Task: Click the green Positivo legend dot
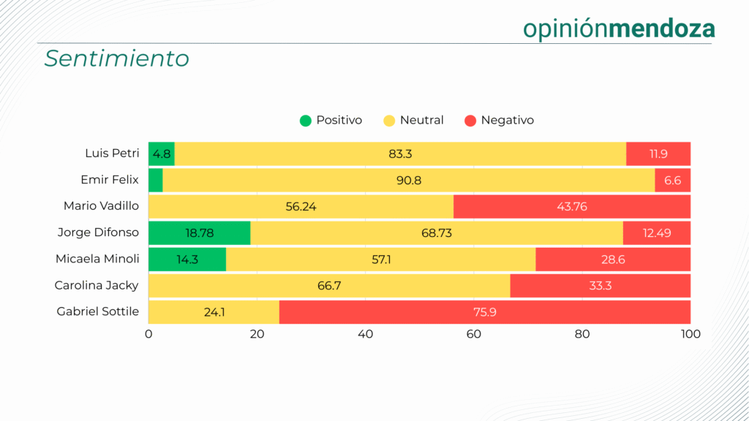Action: point(306,121)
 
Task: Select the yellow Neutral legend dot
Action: point(389,121)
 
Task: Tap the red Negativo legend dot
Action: point(470,121)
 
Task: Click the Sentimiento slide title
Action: point(116,58)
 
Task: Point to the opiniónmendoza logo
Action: point(619,29)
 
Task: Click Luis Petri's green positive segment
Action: point(162,154)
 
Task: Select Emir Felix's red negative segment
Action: point(672,181)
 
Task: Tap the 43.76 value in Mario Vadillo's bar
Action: point(572,207)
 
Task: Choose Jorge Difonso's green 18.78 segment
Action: point(199,233)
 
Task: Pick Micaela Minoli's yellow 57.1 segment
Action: point(380,259)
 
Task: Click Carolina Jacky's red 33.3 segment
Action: point(600,286)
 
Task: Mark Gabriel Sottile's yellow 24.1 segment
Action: point(214,312)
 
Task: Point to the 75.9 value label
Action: point(485,312)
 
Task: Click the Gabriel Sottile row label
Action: point(98,312)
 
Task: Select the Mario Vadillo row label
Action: point(101,207)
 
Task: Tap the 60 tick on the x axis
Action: point(474,335)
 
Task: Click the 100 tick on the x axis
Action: point(690,335)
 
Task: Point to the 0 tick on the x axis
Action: point(148,335)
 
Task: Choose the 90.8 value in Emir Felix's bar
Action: point(409,181)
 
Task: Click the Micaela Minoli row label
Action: point(97,259)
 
